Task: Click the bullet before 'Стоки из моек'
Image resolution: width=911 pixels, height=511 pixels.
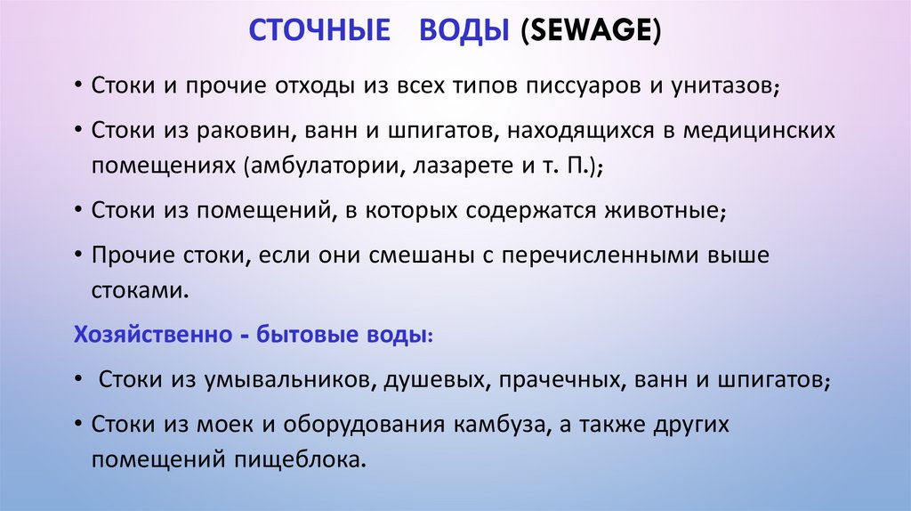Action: (x=79, y=426)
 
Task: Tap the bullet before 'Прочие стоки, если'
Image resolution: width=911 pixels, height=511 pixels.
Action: (x=79, y=255)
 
